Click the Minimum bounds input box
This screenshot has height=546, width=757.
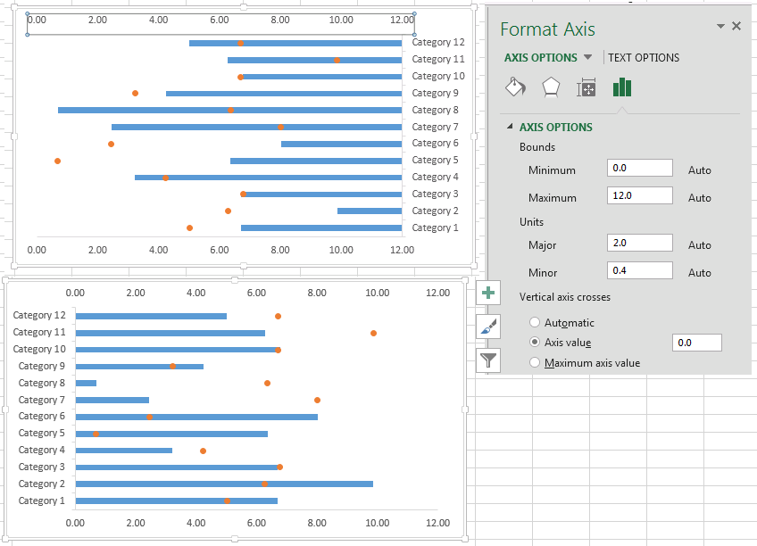640,168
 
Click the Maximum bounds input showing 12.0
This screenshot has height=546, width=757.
640,195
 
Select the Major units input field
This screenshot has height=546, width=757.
640,243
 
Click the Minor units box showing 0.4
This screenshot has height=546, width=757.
640,270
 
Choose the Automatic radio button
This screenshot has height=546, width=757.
535,322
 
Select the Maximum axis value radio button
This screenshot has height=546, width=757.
535,362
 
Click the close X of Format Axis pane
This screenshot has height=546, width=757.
736,26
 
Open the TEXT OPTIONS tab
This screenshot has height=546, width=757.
644,58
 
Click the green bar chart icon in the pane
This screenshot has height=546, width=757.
622,87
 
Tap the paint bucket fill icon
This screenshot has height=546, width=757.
516,87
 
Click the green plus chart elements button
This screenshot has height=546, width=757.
488,293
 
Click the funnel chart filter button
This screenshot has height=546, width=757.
488,360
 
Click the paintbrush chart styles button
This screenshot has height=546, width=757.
488,327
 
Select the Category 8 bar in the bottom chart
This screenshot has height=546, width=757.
86,383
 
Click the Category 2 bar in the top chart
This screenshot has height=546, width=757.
370,211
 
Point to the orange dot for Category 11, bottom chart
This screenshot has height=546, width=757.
373,334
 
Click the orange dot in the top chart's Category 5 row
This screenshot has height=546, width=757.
57,161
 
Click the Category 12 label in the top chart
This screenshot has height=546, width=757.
438,43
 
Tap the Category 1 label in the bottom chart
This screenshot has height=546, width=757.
42,500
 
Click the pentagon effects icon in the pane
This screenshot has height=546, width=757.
551,87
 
